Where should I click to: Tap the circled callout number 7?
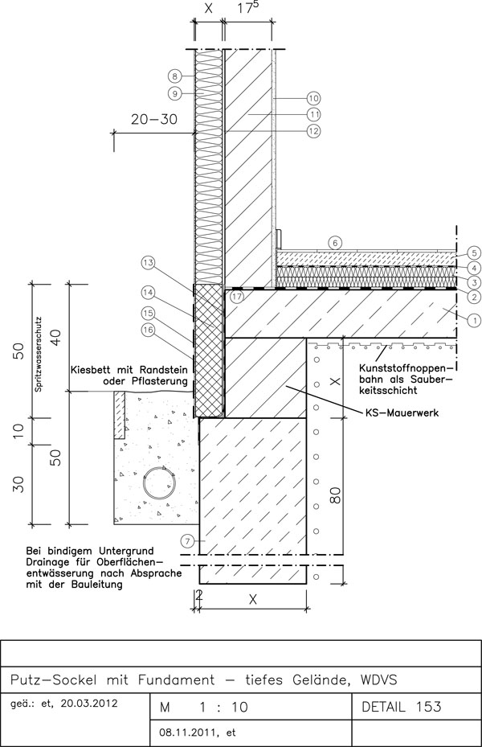187,540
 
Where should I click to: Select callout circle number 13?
149,262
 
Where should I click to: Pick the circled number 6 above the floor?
335,243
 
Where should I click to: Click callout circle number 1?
474,321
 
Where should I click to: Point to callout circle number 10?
313,98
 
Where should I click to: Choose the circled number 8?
174,76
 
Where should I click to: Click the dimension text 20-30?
153,119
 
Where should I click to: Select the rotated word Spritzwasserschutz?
39,355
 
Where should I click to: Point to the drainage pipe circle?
161,483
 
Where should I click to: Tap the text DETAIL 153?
402,707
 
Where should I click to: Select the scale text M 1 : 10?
204,708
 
